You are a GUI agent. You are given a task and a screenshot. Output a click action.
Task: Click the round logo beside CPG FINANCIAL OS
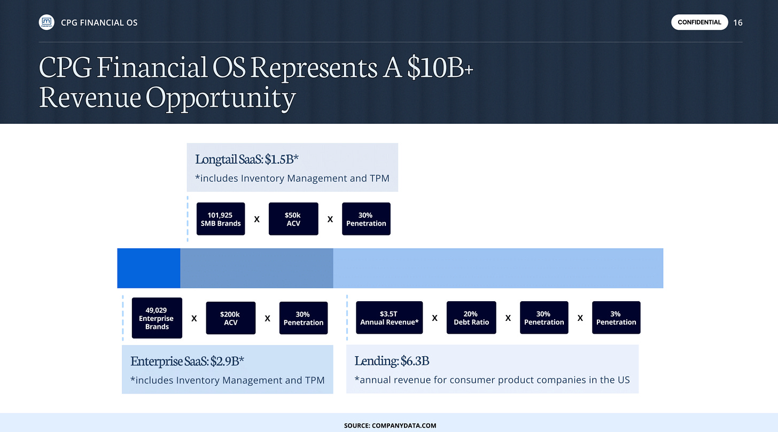[x=46, y=22]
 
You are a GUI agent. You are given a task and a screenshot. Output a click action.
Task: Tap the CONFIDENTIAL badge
[x=699, y=22]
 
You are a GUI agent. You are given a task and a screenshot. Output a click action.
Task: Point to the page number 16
[x=738, y=22]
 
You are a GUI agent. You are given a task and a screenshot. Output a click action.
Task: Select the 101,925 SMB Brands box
[x=221, y=219]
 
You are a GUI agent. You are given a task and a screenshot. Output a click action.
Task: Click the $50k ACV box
[x=293, y=219]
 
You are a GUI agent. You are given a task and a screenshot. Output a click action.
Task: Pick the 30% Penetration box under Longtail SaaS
[x=366, y=219]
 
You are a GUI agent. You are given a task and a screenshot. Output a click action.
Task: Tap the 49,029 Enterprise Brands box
[x=157, y=318]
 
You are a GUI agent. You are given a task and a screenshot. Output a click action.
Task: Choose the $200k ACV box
[x=231, y=318]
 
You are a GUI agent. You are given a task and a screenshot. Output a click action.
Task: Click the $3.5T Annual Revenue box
[x=390, y=318]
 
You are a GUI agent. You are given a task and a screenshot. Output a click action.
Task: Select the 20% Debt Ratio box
[x=471, y=318]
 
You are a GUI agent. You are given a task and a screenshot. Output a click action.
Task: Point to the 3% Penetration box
[x=616, y=318]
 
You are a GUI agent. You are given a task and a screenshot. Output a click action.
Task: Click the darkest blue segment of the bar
[x=149, y=268]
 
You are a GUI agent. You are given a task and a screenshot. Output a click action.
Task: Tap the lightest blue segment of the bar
[x=498, y=268]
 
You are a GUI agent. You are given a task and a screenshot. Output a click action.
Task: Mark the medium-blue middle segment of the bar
[x=256, y=268]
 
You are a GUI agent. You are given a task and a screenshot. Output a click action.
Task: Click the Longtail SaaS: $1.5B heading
[x=247, y=159]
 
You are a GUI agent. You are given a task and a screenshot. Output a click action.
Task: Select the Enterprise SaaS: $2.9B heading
[x=187, y=361]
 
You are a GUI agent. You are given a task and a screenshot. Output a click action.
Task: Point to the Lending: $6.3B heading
[x=392, y=361]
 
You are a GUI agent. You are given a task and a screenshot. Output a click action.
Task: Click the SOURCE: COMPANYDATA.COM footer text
[x=390, y=426]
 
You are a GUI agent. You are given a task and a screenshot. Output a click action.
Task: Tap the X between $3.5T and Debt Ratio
[x=434, y=318]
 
